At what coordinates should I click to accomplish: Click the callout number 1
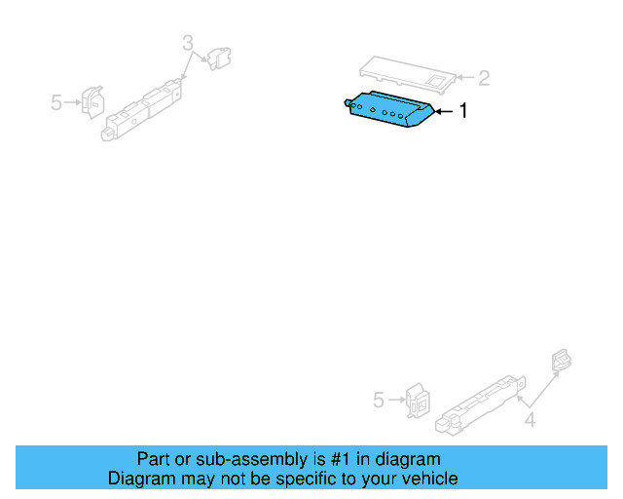463,112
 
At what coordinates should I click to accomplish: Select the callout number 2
483,78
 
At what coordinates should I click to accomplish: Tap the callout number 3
188,42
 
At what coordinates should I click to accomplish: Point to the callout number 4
530,421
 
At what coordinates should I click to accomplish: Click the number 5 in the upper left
56,101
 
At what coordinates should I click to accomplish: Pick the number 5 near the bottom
380,400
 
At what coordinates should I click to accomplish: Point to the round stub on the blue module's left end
348,100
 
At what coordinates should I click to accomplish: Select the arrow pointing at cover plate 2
463,78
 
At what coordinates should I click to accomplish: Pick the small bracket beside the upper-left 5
92,100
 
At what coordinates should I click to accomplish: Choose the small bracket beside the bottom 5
418,399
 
